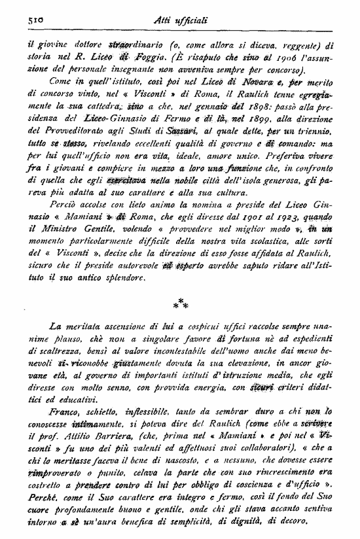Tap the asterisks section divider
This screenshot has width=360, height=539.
pyautogui.click(x=182, y=303)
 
